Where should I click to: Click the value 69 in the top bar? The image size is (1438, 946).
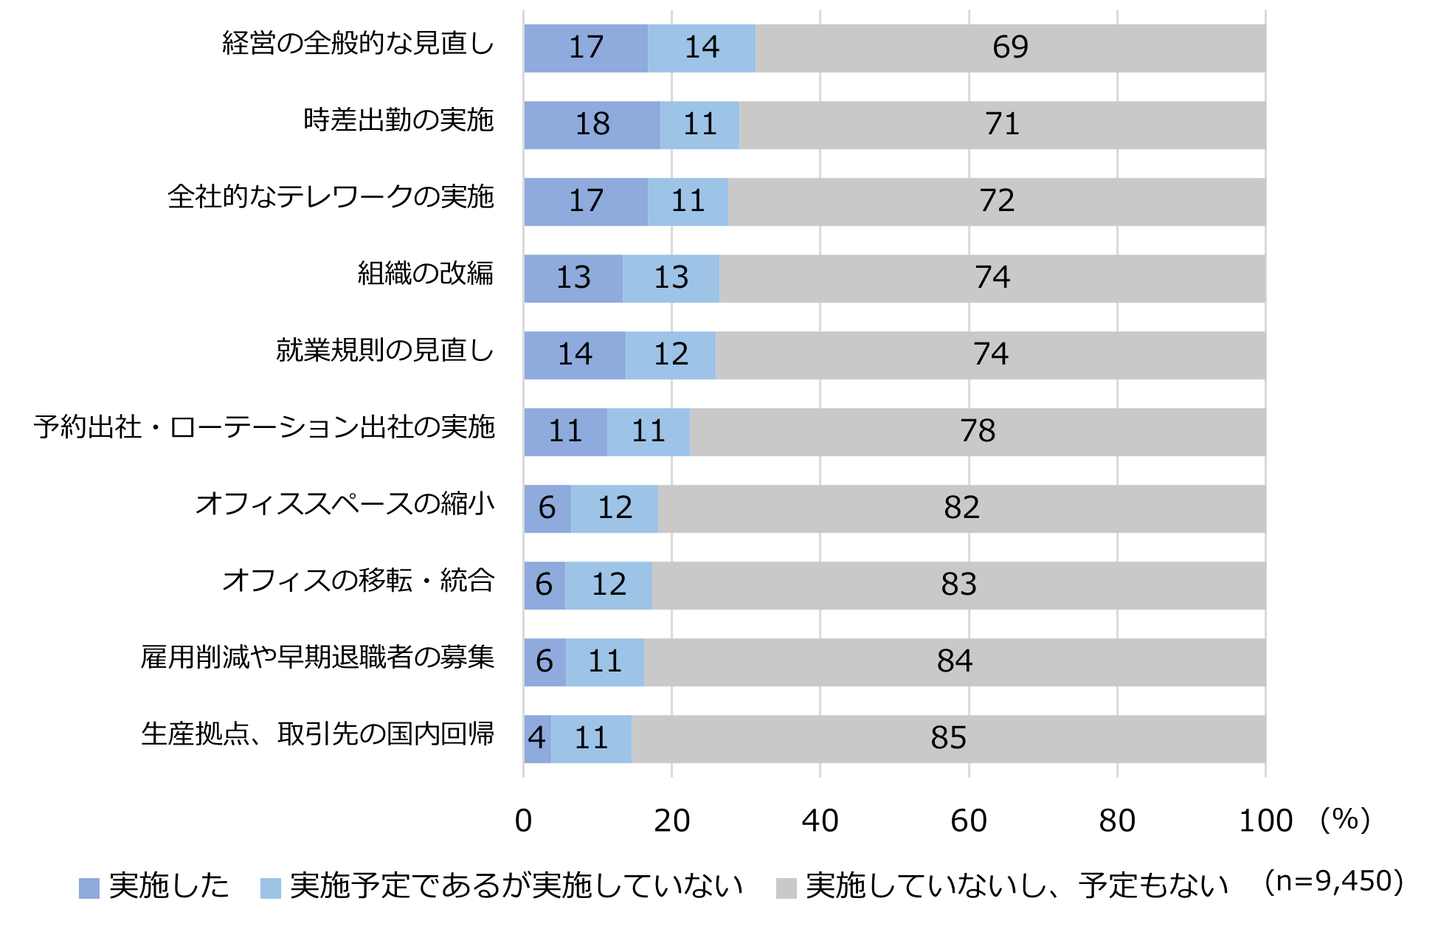pos(1009,47)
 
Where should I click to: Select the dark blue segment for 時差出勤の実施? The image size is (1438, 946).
pos(592,125)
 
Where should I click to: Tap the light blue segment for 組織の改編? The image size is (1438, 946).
pos(671,278)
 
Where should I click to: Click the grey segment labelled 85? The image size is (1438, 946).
pos(948,739)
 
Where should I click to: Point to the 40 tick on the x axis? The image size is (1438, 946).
pos(820,821)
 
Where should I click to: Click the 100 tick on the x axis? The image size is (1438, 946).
pos(1265,821)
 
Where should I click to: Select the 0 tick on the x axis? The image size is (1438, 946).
pos(523,821)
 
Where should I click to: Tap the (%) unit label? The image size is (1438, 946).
pos(1345,820)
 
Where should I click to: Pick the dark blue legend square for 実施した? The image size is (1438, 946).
pos(89,888)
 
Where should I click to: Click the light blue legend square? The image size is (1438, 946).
pos(271,888)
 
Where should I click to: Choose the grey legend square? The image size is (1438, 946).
pos(787,888)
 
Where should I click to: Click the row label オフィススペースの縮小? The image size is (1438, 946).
pos(345,504)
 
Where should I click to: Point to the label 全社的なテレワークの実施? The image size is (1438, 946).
pos(331,197)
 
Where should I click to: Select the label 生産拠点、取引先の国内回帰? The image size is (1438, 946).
pos(317,734)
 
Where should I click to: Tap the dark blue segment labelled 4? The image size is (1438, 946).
pos(537,739)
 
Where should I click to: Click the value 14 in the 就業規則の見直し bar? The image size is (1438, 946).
pos(575,355)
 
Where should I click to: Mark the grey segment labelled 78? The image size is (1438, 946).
pos(978,432)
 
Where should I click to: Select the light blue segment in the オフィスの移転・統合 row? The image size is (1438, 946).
pos(609,585)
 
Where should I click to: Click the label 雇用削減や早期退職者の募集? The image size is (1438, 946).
pos(317,657)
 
